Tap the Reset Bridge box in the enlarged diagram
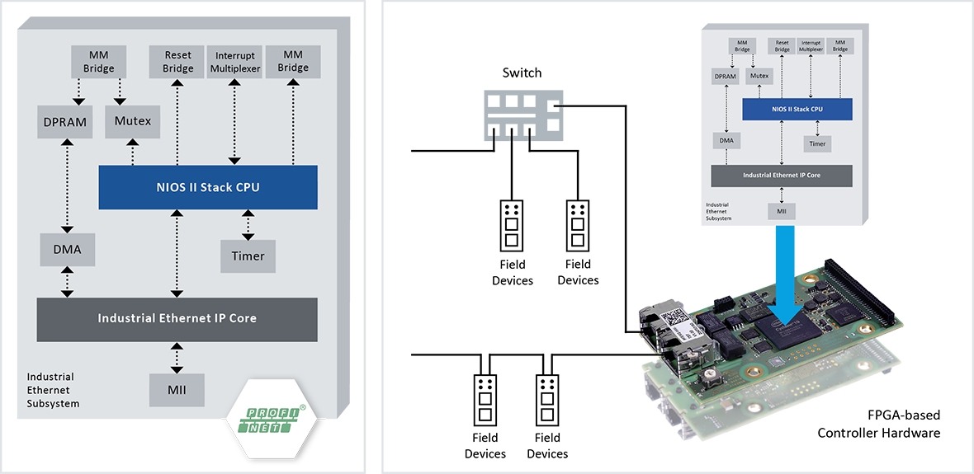[x=178, y=61]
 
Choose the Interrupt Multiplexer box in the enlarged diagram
[x=235, y=61]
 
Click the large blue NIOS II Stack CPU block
[x=208, y=187]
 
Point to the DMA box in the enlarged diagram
[x=66, y=248]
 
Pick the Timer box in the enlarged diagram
[x=248, y=256]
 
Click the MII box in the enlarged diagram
[x=177, y=389]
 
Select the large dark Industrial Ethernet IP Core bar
[x=177, y=318]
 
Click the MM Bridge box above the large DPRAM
[x=98, y=61]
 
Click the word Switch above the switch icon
[x=522, y=73]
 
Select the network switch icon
[x=522, y=114]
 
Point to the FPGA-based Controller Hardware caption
[x=878, y=424]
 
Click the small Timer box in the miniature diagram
[x=817, y=143]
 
